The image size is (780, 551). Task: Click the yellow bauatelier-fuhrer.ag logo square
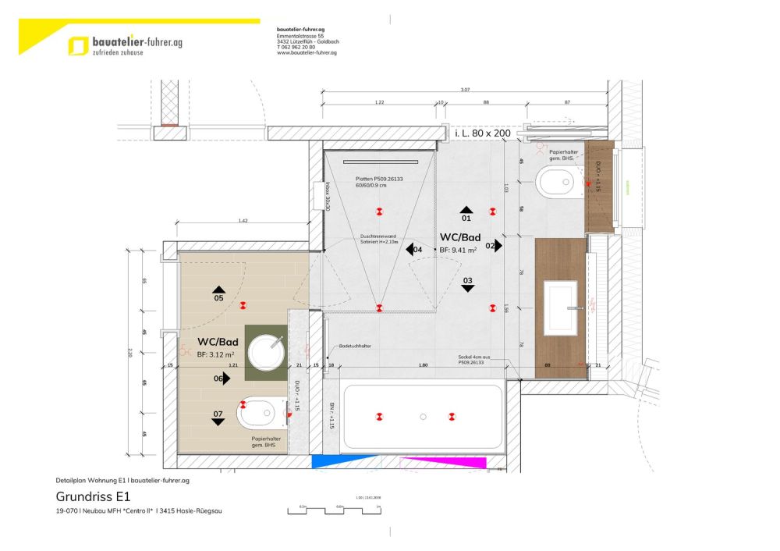click(x=78, y=46)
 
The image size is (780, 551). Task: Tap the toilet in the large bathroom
click(x=555, y=182)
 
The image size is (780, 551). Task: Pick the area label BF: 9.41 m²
click(x=459, y=250)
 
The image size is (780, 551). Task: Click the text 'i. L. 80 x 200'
click(x=482, y=133)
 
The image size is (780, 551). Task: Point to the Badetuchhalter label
click(x=354, y=345)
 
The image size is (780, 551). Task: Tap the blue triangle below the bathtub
click(x=332, y=462)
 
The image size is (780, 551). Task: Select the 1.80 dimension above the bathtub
click(x=423, y=365)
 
